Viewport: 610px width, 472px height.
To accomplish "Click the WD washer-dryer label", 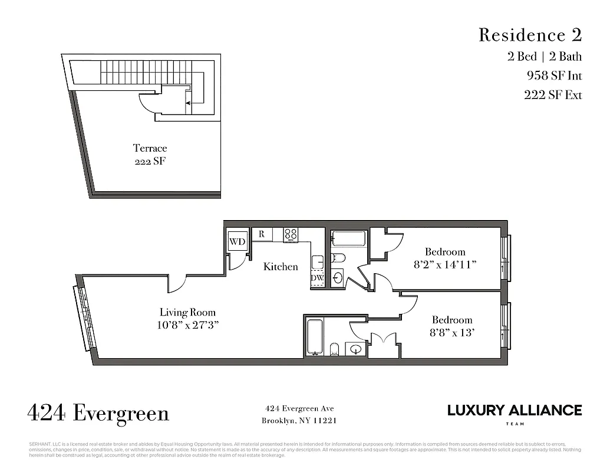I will [237, 242].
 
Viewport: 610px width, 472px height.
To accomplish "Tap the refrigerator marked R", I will [262, 234].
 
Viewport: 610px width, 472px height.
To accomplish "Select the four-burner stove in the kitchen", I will [290, 234].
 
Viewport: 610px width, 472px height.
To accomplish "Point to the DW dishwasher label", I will [317, 278].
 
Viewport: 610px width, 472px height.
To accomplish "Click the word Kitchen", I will [281, 267].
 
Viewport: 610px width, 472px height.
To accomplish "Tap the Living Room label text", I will [187, 312].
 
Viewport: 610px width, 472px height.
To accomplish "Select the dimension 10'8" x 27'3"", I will [187, 325].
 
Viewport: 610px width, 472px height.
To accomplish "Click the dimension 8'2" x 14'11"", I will [445, 265].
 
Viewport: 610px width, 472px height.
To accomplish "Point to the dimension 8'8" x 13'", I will [451, 333].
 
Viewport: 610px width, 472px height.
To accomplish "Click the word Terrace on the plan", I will [150, 148].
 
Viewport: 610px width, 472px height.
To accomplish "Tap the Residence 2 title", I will [530, 35].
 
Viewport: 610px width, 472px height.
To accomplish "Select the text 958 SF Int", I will [554, 76].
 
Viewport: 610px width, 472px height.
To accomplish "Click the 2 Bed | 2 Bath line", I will [545, 57].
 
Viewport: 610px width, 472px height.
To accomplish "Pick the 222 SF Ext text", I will [553, 95].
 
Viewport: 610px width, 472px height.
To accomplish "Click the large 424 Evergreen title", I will [98, 413].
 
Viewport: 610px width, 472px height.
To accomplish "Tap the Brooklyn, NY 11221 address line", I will [299, 421].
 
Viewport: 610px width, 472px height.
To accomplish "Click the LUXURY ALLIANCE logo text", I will [514, 410].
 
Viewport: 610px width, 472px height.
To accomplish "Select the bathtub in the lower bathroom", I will [315, 337].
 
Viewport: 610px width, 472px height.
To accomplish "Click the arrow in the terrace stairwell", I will [189, 103].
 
